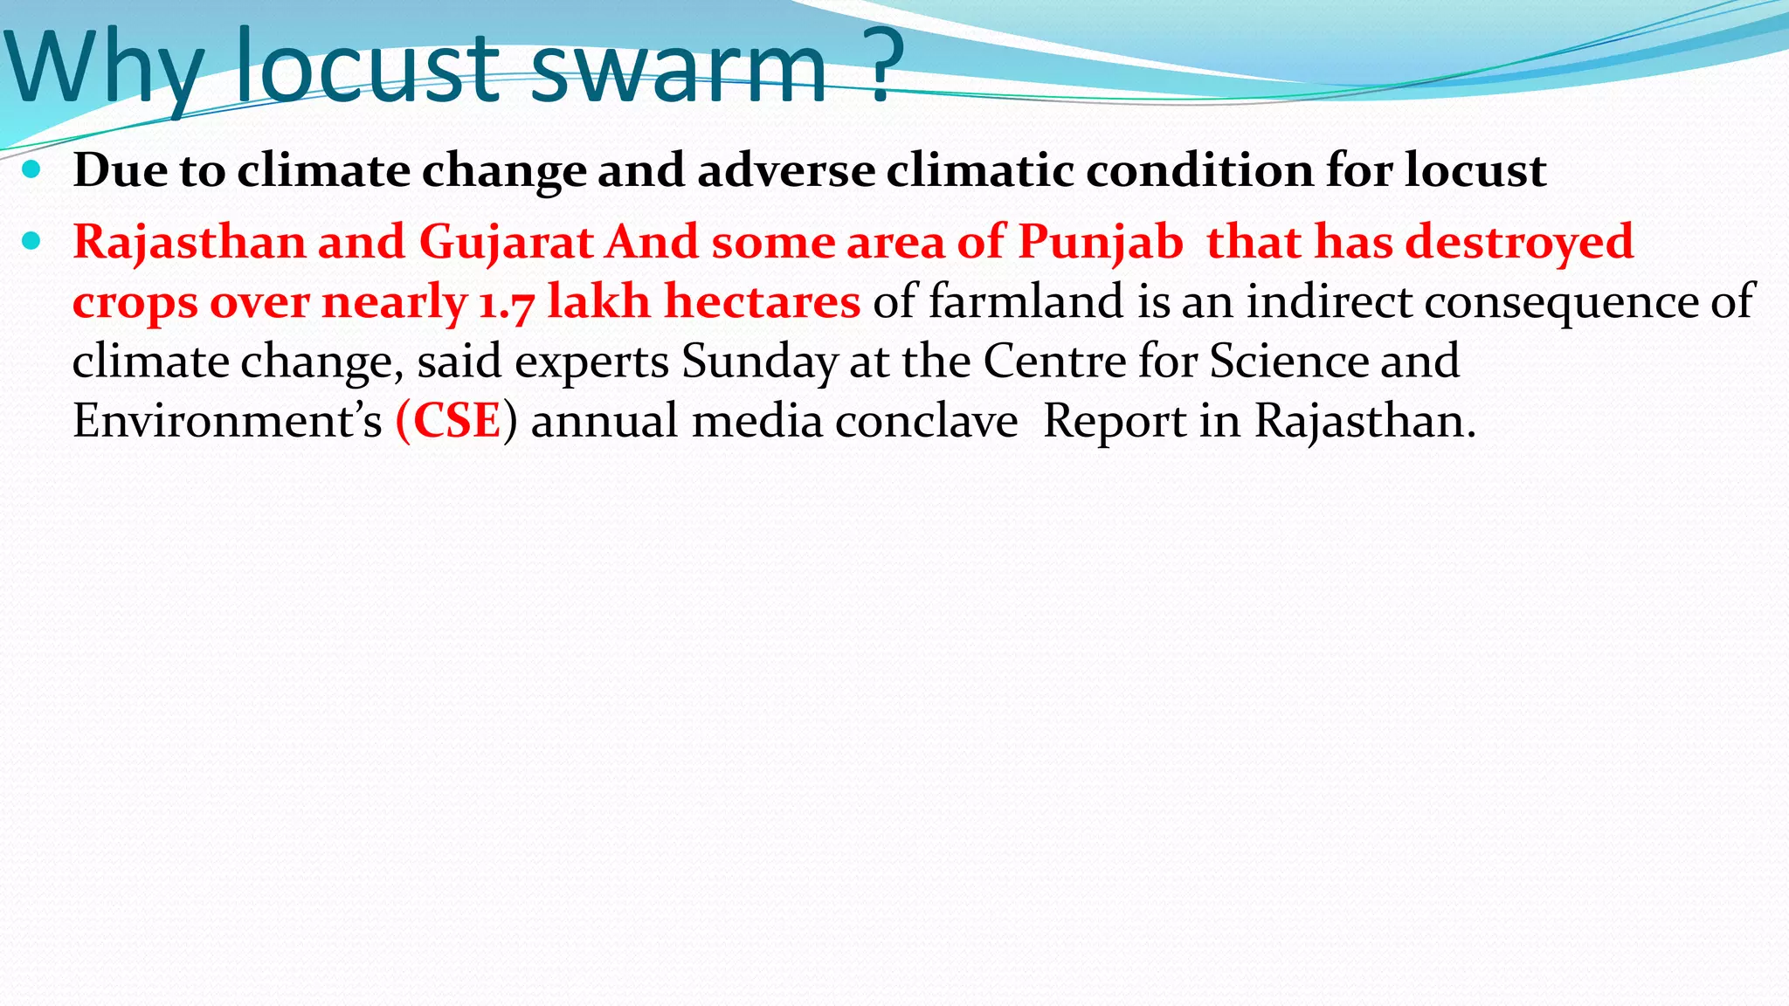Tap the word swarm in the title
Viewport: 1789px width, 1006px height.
(x=678, y=70)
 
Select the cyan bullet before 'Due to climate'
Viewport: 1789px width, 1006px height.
(x=31, y=169)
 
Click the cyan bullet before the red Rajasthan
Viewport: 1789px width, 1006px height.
(x=31, y=241)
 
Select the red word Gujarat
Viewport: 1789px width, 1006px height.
(x=507, y=242)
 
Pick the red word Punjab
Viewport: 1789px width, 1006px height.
(x=1101, y=242)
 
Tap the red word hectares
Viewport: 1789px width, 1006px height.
(x=763, y=302)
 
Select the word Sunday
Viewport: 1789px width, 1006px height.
(x=759, y=362)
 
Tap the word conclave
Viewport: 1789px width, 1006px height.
(x=926, y=422)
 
